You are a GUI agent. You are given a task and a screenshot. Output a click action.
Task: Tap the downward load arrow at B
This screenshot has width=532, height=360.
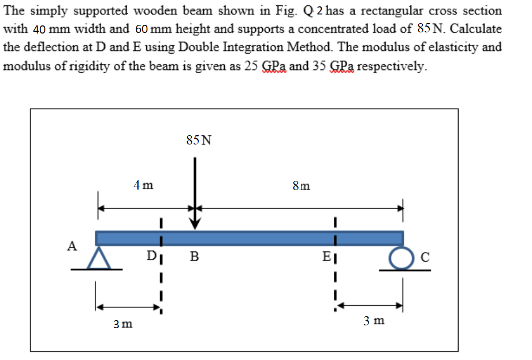pos(195,194)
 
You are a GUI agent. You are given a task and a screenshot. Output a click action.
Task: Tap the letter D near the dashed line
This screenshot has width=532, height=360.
pos(151,255)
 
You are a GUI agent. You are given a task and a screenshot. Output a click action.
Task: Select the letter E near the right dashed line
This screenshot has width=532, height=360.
pos(326,257)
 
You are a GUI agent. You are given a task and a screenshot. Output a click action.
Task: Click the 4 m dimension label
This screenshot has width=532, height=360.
pos(143,185)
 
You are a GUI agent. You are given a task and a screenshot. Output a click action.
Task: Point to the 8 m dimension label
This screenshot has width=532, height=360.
pos(301,186)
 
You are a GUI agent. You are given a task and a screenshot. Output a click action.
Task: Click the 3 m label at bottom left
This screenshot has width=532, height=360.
pos(122,324)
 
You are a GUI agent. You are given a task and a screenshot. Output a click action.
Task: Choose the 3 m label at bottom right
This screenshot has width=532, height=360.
pos(374,321)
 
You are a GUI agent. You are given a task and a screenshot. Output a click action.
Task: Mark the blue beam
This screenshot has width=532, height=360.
pos(249,237)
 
